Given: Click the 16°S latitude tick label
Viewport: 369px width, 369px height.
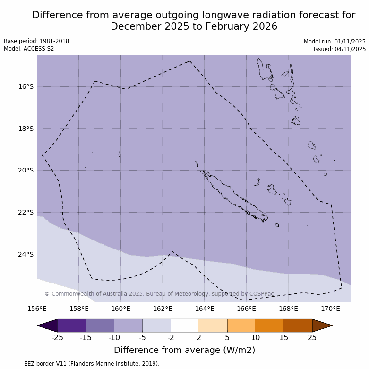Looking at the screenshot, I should pos(26,86).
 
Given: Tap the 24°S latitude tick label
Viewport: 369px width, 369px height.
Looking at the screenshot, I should pos(26,254).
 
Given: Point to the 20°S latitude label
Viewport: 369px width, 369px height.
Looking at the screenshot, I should pos(26,170).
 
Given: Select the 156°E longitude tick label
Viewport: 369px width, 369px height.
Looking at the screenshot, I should pos(37,309).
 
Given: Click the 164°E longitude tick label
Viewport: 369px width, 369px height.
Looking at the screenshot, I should pos(205,309).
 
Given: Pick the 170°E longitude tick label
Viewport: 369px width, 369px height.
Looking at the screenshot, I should pos(330,309).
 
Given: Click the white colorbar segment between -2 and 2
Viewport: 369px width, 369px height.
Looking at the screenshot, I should pos(185,326).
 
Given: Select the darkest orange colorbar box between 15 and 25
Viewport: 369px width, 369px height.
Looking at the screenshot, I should pos(298,326).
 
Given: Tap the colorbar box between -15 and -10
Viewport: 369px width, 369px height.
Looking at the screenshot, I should pos(100,326).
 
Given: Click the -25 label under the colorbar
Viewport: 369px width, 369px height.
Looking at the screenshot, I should pos(57,337).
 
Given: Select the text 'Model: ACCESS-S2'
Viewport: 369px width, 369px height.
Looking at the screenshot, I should pos(29,49).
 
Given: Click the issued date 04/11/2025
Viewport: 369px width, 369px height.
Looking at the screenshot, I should pos(350,49).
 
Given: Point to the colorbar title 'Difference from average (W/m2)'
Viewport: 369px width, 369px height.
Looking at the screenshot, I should pos(184,350).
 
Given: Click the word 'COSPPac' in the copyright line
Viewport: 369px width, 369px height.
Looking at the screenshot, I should pos(261,294).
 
